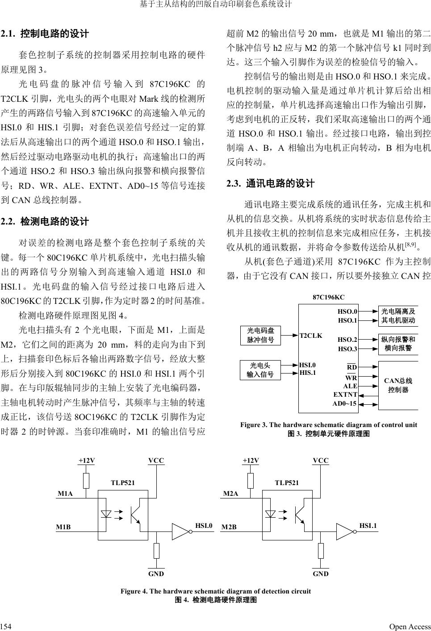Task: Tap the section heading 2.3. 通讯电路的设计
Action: click(x=270, y=184)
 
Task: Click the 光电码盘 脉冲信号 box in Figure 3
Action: click(x=260, y=335)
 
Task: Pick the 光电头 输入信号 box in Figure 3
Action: click(x=260, y=369)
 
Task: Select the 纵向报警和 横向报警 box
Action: click(x=398, y=344)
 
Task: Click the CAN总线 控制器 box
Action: click(x=398, y=385)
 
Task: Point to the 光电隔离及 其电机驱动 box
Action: click(x=398, y=316)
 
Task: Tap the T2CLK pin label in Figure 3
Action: click(x=310, y=336)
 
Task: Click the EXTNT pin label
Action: click(x=345, y=394)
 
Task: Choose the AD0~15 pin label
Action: click(x=344, y=403)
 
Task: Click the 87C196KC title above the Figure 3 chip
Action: click(x=328, y=297)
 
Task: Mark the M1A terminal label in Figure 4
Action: click(x=65, y=494)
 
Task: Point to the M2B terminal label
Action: click(x=230, y=527)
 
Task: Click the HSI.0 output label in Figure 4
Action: click(x=204, y=526)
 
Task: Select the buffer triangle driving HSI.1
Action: click(x=345, y=531)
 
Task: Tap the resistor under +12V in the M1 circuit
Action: click(x=87, y=481)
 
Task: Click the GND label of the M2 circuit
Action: click(x=321, y=574)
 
